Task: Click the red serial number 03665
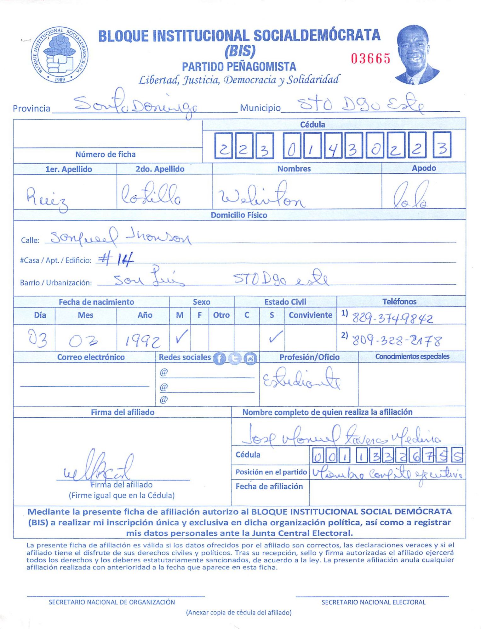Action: coord(371,58)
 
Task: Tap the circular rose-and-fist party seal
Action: coord(60,55)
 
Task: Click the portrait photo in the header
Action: coord(416,55)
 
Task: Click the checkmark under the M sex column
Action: coord(182,337)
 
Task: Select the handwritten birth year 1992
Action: coord(143,341)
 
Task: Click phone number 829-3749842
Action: coord(392,318)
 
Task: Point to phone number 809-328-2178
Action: coord(397,340)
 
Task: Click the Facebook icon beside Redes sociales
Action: coord(219,359)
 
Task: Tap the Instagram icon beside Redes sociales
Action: coord(250,359)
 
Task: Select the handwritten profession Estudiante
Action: coord(301,379)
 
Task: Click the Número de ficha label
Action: coord(105,154)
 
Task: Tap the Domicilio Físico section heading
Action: coord(239,215)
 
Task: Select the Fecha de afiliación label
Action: coord(269,487)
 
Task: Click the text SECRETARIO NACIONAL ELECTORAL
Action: coord(373,602)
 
